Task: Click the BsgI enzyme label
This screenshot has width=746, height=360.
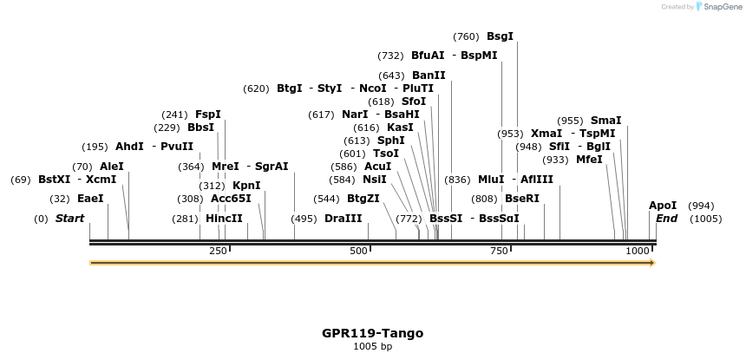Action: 500,36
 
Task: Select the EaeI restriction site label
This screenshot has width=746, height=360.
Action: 90,199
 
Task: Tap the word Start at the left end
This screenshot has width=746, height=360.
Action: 69,219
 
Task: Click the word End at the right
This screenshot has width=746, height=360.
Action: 666,219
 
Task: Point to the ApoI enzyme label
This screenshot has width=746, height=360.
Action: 663,206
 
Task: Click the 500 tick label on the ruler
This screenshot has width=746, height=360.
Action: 358,251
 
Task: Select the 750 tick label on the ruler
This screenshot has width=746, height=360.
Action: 499,251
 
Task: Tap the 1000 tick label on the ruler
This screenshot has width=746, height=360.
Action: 638,251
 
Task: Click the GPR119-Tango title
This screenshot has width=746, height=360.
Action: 372,333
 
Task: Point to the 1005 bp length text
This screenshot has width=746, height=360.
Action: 372,347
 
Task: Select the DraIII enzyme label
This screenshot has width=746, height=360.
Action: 343,219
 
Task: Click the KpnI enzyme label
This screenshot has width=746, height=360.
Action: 246,186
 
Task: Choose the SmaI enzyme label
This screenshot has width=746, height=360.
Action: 605,121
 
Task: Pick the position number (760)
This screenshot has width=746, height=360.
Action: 465,36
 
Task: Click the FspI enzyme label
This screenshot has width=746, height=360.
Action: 207,115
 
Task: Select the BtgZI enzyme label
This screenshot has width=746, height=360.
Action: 363,199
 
